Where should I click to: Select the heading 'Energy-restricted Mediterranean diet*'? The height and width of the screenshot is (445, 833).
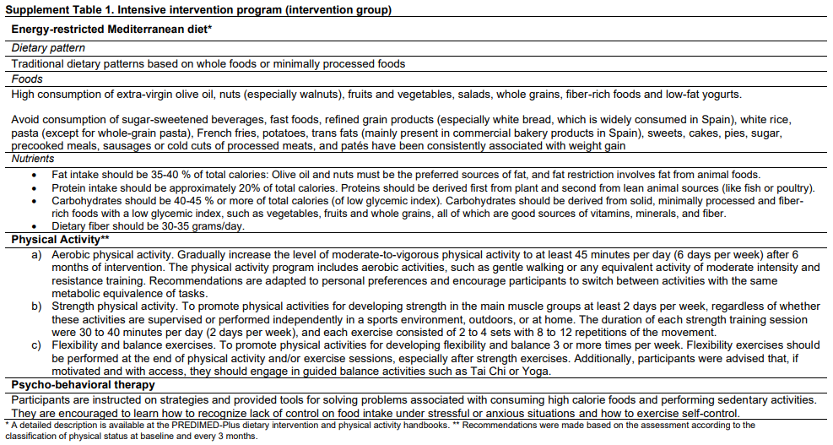point(111,29)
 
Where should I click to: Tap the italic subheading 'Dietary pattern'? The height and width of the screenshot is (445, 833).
point(48,48)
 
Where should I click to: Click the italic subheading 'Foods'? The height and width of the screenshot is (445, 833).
point(27,79)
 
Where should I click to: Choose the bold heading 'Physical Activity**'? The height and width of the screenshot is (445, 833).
point(60,240)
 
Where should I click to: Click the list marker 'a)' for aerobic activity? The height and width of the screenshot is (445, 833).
point(38,253)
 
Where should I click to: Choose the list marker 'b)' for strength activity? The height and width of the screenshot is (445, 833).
point(38,306)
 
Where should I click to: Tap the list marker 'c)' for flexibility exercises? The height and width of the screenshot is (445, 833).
point(38,345)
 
